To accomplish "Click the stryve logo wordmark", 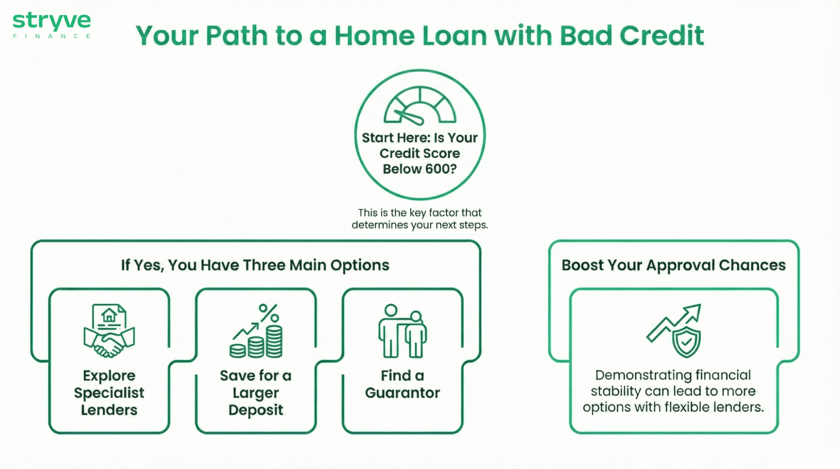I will pyautogui.click(x=52, y=20).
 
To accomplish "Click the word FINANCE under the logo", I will pyautogui.click(x=52, y=37).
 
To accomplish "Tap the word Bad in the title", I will pyautogui.click(x=586, y=35).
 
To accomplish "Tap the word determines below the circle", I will pyautogui.click(x=379, y=225).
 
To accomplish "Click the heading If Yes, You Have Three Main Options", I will pyautogui.click(x=255, y=265).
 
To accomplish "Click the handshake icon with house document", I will pyautogui.click(x=109, y=331).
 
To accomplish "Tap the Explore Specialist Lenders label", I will pyautogui.click(x=109, y=393).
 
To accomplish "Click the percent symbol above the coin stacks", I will pyautogui.click(x=269, y=313).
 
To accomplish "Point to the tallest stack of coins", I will pyautogui.click(x=274, y=341).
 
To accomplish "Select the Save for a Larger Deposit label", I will pyautogui.click(x=255, y=393).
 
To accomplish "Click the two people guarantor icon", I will pyautogui.click(x=402, y=331).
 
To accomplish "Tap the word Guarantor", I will pyautogui.click(x=402, y=393).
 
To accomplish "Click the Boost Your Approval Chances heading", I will pyautogui.click(x=673, y=265).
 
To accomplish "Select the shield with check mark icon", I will pyautogui.click(x=686, y=342).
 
